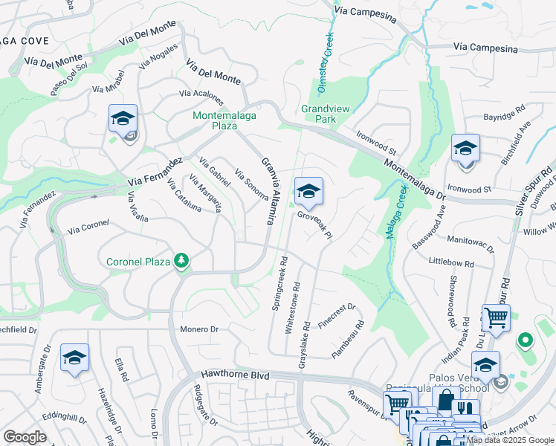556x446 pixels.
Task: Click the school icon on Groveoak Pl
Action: (308, 192)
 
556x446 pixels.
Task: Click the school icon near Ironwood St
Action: (465, 149)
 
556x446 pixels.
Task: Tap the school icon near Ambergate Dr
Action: (74, 358)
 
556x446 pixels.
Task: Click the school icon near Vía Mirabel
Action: (123, 119)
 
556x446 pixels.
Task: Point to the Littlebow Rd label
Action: (452, 263)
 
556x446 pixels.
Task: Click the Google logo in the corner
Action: (25, 437)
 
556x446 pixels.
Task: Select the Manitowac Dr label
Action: (472, 240)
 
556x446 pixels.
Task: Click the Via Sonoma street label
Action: (250, 185)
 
